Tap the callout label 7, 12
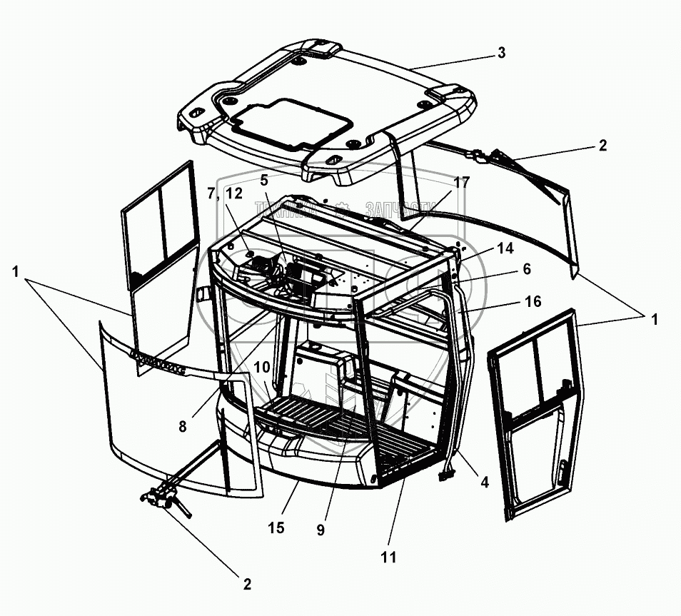[224, 193]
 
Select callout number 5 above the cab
[266, 181]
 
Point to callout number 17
[460, 183]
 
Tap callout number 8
[183, 426]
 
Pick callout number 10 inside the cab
[261, 367]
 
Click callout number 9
[321, 530]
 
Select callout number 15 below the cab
[276, 527]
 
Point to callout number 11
[388, 556]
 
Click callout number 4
[484, 482]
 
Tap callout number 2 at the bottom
[247, 584]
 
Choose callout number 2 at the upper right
[602, 146]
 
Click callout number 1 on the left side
[16, 271]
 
